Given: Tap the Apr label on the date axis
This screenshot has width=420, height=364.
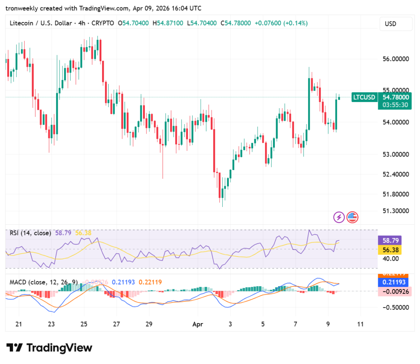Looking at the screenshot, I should point(198,324).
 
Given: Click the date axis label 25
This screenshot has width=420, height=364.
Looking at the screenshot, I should point(84,324).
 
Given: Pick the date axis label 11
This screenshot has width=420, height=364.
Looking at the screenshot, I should point(361,324).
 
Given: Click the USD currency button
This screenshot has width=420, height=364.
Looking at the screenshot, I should point(390,24).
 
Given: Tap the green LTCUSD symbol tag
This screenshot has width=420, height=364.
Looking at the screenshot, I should point(364,97).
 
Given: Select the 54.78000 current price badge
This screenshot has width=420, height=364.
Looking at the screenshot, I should point(396,97).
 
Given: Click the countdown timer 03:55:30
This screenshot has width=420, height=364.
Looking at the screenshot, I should point(395,105).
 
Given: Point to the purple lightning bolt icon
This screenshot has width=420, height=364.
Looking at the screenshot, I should point(339,217).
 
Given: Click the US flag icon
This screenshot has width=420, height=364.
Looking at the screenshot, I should point(352,217).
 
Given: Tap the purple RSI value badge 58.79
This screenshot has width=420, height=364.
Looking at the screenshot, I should point(389,240).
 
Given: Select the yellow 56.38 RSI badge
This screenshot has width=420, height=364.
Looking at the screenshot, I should point(389,250).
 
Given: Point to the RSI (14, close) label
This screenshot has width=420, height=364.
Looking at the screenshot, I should point(30,233).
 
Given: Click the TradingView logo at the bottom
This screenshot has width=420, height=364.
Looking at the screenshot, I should point(49,348).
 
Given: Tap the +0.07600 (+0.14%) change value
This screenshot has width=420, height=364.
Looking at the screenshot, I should point(281,23).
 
